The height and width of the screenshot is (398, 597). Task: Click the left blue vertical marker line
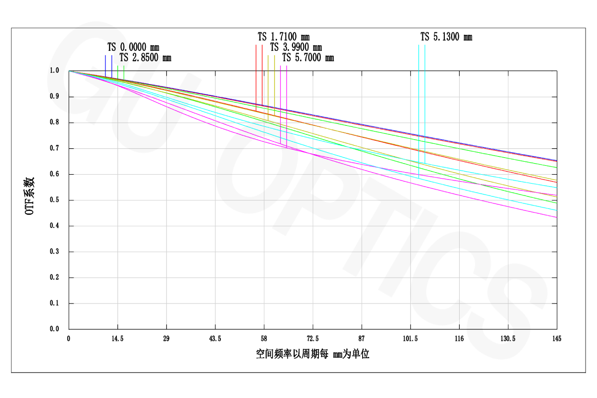[x=105, y=65]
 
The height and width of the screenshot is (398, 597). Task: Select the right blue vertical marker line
[x=112, y=65]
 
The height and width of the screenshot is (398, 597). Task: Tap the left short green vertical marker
[x=118, y=72]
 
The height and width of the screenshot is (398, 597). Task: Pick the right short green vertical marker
[x=124, y=72]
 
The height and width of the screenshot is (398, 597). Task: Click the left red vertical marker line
[x=256, y=75]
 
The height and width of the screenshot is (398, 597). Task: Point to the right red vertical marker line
[x=262, y=75]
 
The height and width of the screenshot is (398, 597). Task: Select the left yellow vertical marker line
[x=268, y=85]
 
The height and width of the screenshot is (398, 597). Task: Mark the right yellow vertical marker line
[x=275, y=85]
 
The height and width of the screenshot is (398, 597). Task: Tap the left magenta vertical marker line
[x=281, y=99]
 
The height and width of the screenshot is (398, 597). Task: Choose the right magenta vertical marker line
[x=287, y=99]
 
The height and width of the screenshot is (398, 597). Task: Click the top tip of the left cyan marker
[x=419, y=45]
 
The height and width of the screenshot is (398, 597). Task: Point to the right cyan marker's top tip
[x=425, y=45]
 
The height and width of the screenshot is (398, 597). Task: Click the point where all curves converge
[x=70, y=72]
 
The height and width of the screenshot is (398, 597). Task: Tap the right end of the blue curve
[x=556, y=161]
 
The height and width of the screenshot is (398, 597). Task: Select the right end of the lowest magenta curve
[x=556, y=217]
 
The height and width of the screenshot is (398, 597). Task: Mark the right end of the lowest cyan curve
[x=556, y=210]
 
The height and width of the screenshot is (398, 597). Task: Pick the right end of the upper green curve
[x=556, y=168]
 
